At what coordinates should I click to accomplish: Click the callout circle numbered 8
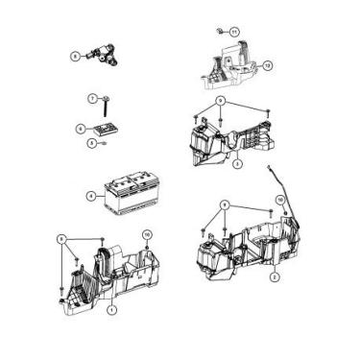coord(74,57)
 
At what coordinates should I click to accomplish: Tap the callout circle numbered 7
coord(93,100)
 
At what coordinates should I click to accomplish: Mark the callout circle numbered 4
coord(90,195)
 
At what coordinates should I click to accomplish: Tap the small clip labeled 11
coord(220,31)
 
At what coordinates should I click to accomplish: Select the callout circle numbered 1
coord(112,310)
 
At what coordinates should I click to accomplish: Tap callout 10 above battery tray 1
coord(147,234)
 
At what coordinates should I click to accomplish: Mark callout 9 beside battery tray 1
coord(62,238)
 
